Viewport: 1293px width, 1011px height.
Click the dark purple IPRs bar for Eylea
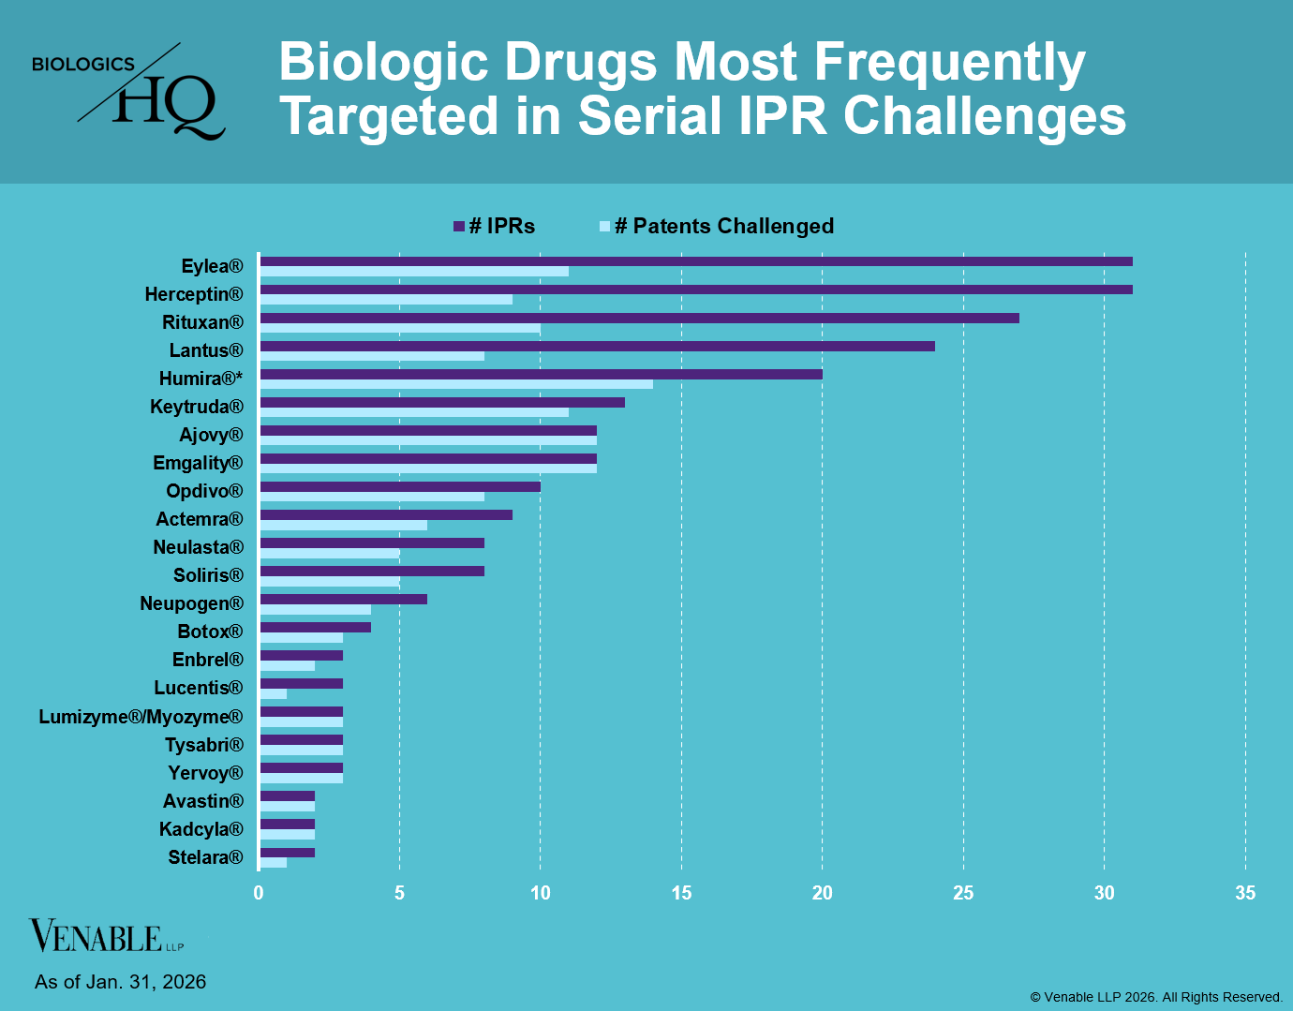click(x=695, y=261)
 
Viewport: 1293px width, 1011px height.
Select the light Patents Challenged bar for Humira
click(x=456, y=384)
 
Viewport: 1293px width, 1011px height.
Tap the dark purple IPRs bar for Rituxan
click(x=639, y=318)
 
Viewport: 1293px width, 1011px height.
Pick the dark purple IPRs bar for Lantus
click(x=597, y=346)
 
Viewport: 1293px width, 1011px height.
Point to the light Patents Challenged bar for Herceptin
click(x=386, y=300)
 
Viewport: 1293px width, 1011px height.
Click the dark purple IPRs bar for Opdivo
click(x=400, y=486)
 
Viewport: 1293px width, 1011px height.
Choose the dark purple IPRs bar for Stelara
click(x=288, y=853)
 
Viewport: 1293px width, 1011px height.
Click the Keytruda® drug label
click(x=197, y=407)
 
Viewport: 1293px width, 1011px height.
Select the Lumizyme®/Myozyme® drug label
click(x=141, y=717)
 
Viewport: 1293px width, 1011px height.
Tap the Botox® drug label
click(x=210, y=632)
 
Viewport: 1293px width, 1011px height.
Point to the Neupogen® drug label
click(x=191, y=603)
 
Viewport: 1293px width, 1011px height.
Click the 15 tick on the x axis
click(x=681, y=893)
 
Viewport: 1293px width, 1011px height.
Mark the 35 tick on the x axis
click(x=1244, y=893)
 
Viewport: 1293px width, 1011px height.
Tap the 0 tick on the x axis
click(x=259, y=893)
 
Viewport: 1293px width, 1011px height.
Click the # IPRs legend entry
click(x=494, y=226)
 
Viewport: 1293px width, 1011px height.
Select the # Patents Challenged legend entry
click(x=717, y=226)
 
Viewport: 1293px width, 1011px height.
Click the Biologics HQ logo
click(x=128, y=91)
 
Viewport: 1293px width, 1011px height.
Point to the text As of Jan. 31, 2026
click(x=120, y=982)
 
